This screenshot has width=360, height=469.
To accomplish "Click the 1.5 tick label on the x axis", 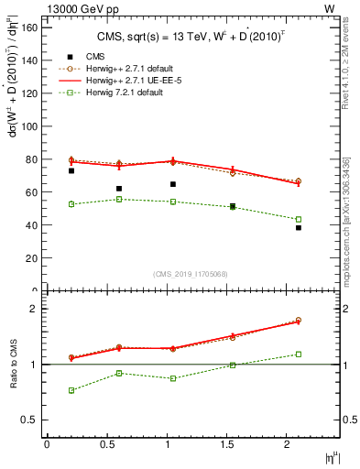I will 232,444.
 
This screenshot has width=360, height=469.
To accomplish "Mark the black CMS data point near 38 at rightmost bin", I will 299,228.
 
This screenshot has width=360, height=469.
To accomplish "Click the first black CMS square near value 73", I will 71,170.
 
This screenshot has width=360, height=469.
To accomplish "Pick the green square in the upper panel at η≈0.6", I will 119,199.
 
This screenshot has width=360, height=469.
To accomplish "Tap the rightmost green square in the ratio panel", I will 299,354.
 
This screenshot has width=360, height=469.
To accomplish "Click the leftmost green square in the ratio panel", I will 71,390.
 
